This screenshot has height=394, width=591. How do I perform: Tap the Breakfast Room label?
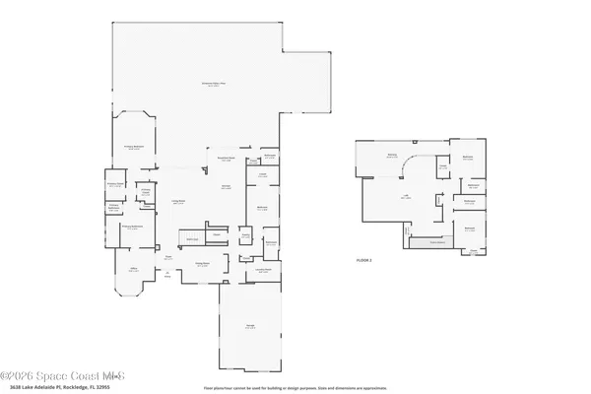click(x=226, y=161)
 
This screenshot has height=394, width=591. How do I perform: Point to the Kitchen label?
click(x=226, y=188)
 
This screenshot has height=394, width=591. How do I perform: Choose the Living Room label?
click(x=180, y=201)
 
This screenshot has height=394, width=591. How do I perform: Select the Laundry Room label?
click(x=264, y=269)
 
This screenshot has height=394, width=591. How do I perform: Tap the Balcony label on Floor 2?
click(x=391, y=156)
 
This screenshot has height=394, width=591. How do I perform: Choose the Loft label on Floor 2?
click(x=404, y=196)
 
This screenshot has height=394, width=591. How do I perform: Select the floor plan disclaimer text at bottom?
click(x=295, y=387)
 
